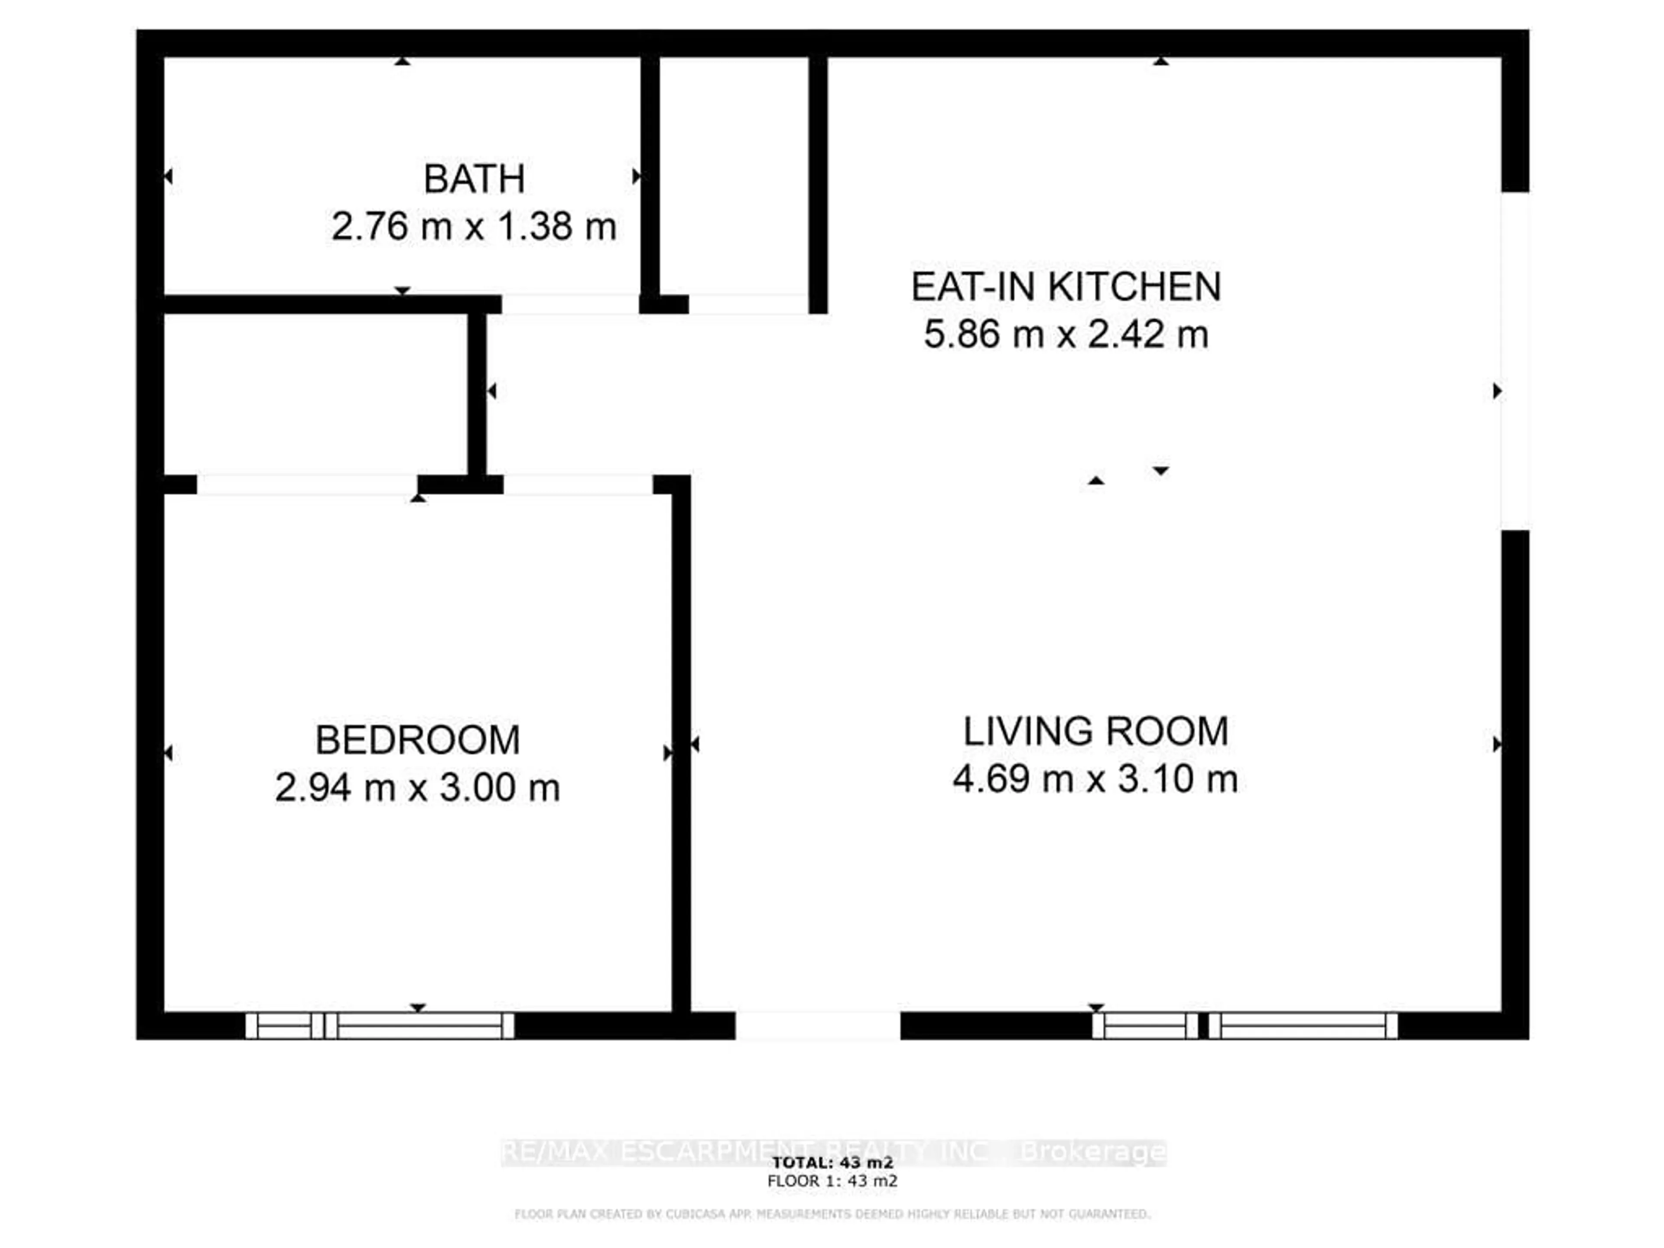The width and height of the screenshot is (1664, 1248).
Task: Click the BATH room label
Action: (x=474, y=179)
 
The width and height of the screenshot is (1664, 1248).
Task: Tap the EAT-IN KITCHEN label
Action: (x=1066, y=286)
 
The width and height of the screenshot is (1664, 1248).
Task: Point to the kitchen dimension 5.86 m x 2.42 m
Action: (x=1066, y=334)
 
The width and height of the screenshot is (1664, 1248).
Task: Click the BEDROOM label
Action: (x=417, y=740)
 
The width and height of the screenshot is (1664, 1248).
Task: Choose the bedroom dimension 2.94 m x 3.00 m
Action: (x=417, y=788)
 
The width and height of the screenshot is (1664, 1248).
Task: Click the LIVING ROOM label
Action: (x=1095, y=731)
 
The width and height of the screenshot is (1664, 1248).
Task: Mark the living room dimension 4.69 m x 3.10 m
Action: (x=1095, y=779)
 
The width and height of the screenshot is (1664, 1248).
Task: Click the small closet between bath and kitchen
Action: (x=734, y=177)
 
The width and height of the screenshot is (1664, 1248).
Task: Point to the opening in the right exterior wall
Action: (x=1515, y=361)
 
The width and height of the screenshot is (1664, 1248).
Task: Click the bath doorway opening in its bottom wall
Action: (x=570, y=304)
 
